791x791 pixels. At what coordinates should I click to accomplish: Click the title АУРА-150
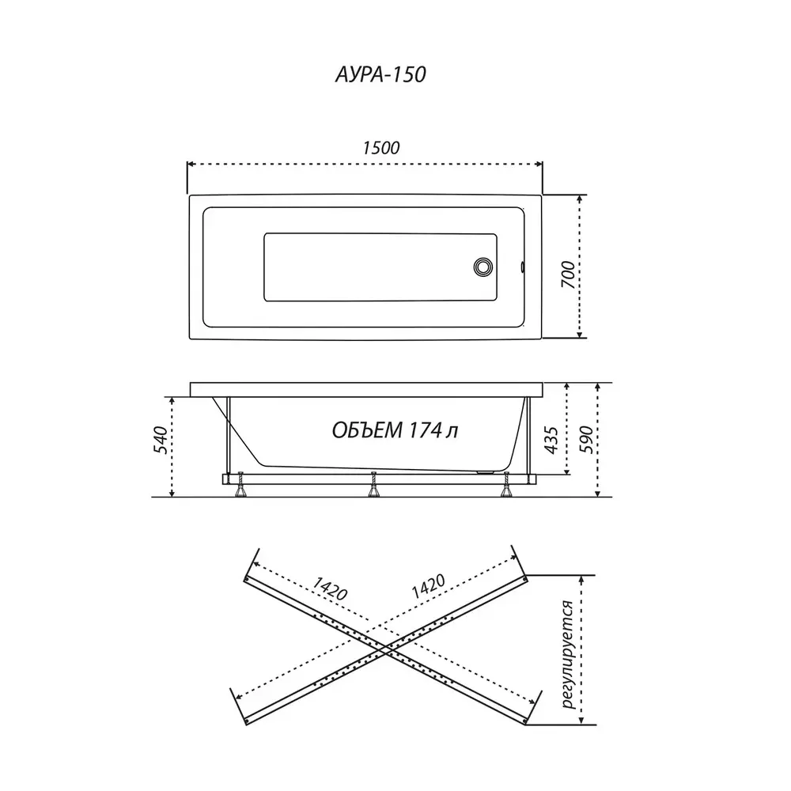[x=381, y=74]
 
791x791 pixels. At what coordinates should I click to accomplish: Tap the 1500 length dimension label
[x=381, y=148]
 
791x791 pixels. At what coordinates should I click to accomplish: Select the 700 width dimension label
[x=568, y=275]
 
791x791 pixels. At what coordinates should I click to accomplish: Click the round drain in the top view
[x=483, y=267]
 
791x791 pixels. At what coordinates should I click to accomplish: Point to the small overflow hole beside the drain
[x=522, y=267]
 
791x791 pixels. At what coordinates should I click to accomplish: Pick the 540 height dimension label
[x=161, y=441]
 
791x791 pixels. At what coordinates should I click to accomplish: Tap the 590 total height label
[x=586, y=439]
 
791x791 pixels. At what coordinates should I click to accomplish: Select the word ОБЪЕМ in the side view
[x=367, y=430]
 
